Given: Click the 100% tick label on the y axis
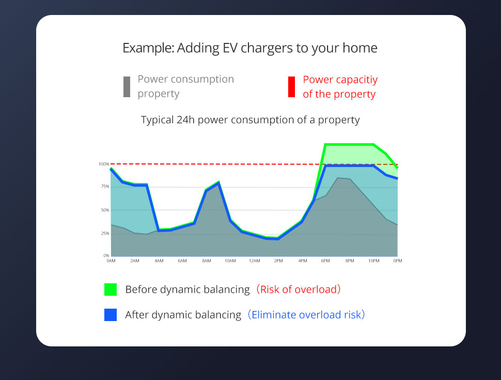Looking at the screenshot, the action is pos(104,164).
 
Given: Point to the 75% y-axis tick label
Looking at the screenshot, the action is pos(105,187).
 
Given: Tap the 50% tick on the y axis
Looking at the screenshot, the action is pos(105,210).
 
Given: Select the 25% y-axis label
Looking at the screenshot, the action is pos(105,234).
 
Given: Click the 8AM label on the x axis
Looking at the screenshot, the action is pos(207,261).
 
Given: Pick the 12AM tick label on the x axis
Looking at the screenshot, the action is pos(254,261).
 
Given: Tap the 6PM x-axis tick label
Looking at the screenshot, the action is pos(325,261).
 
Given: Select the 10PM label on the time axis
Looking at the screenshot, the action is pos(374,261).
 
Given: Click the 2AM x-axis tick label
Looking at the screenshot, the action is pos(135,261).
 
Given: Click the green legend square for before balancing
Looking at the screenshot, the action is pos(111,290).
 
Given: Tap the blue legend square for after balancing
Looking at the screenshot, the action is pos(111,315).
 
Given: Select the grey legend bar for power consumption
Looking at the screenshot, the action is pos(127,87).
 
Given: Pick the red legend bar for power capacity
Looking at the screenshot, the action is pos(291,87).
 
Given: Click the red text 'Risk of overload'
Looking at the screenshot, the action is pos(299,290).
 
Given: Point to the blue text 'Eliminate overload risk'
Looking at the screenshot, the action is pos(306,315).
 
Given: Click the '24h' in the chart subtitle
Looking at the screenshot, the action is pos(185,120).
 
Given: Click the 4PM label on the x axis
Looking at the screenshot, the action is pos(303,261).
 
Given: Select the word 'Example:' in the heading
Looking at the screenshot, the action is pos(148,48).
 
